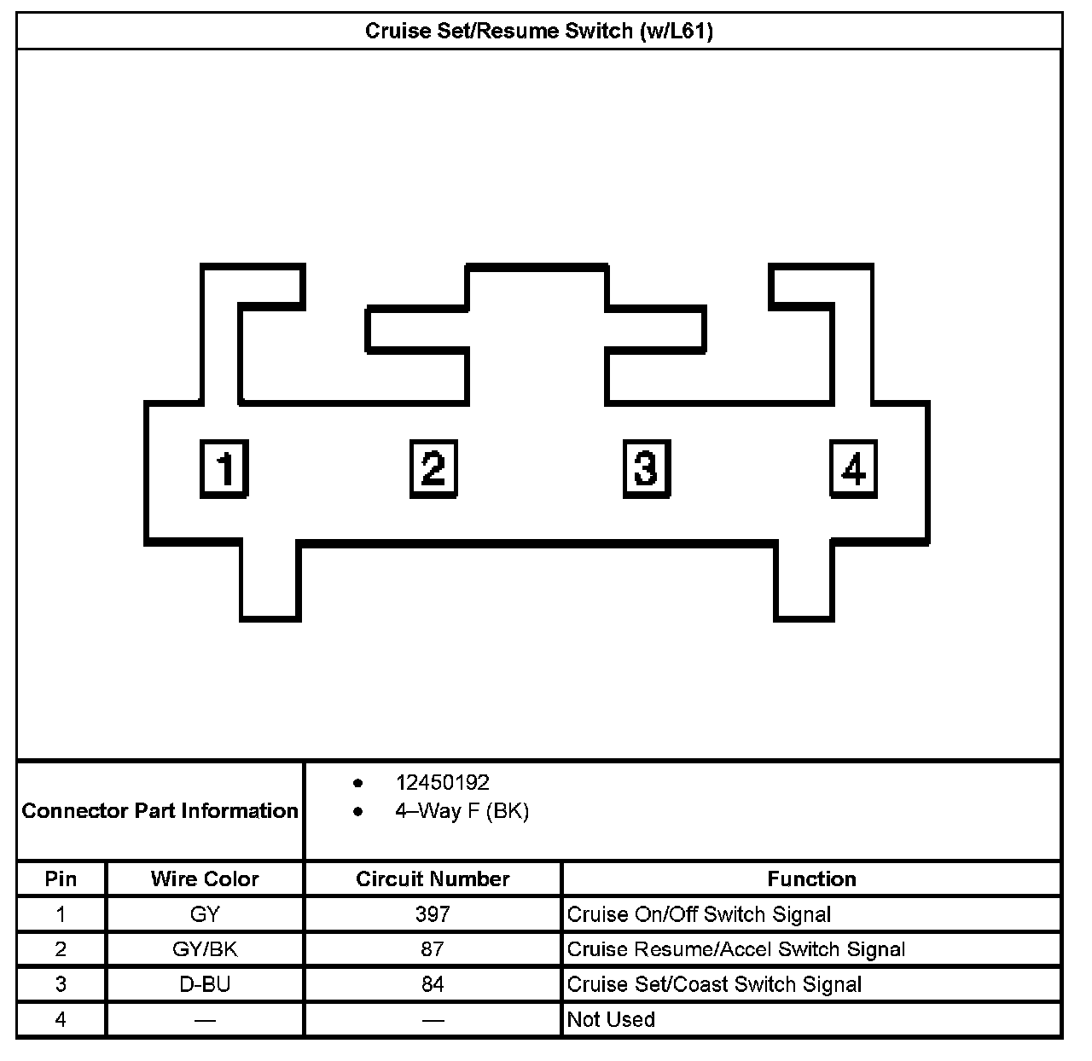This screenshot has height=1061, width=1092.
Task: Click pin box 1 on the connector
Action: coord(224,468)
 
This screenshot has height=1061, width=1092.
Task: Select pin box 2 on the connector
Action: coord(433,468)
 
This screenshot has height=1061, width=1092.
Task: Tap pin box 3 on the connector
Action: coord(646,468)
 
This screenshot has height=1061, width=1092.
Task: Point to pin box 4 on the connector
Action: coord(853,468)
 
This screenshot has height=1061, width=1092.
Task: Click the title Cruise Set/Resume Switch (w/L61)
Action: coord(539,32)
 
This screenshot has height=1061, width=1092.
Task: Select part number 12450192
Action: coord(442,782)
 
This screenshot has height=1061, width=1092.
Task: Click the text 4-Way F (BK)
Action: coord(462,810)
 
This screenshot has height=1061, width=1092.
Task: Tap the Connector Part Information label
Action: coord(160,810)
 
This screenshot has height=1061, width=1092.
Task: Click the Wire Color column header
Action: coord(205,878)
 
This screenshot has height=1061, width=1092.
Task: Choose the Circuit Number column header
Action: coord(433,878)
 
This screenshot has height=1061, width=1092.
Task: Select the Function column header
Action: coord(811,878)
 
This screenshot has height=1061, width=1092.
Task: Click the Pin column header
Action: coord(61,878)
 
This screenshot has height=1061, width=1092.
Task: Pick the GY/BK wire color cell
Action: coord(205,949)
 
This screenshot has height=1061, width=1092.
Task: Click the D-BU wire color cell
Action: coord(205,984)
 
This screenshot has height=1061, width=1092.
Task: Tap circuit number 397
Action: coord(433,914)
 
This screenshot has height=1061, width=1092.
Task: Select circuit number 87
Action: coord(433,949)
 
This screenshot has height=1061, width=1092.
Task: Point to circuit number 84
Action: coord(433,984)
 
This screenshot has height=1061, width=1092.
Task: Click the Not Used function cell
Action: coord(611,1019)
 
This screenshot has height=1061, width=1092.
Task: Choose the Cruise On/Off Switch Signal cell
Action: coord(699,914)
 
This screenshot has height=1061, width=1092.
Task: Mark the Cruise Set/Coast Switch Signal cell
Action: coord(714,984)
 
